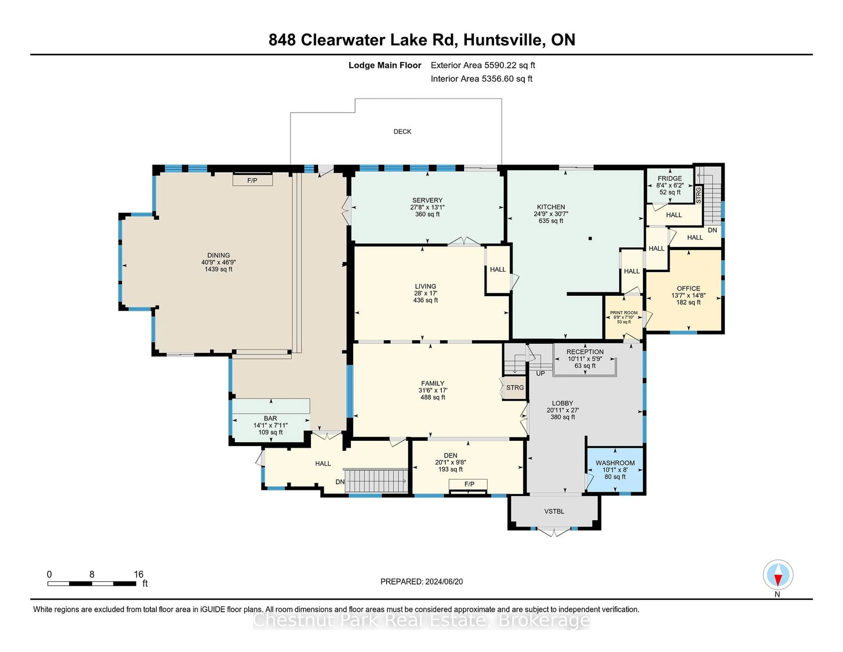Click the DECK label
point(402,132)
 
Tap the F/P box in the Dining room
point(252,180)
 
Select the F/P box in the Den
point(469,484)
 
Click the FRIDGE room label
point(670,178)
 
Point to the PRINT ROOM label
point(624,313)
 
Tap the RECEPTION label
point(585,352)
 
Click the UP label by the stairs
point(540,373)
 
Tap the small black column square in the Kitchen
point(590,238)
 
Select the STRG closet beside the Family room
point(515,388)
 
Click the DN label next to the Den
point(340,482)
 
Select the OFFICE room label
point(688,288)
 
